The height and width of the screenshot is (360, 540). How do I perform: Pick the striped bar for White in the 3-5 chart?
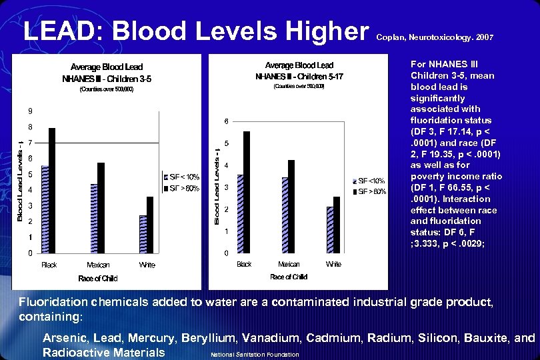[143, 234]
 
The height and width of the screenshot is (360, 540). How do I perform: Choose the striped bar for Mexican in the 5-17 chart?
[285, 215]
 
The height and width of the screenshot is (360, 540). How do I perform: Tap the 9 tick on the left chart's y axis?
[29, 110]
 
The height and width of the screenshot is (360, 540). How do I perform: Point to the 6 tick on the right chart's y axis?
[226, 121]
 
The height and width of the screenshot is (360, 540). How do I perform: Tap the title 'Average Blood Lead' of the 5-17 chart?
[299, 65]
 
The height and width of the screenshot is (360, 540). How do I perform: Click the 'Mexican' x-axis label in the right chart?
[289, 264]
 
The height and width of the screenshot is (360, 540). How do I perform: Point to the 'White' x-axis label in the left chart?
[147, 265]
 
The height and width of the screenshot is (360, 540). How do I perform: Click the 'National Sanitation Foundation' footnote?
[255, 354]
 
